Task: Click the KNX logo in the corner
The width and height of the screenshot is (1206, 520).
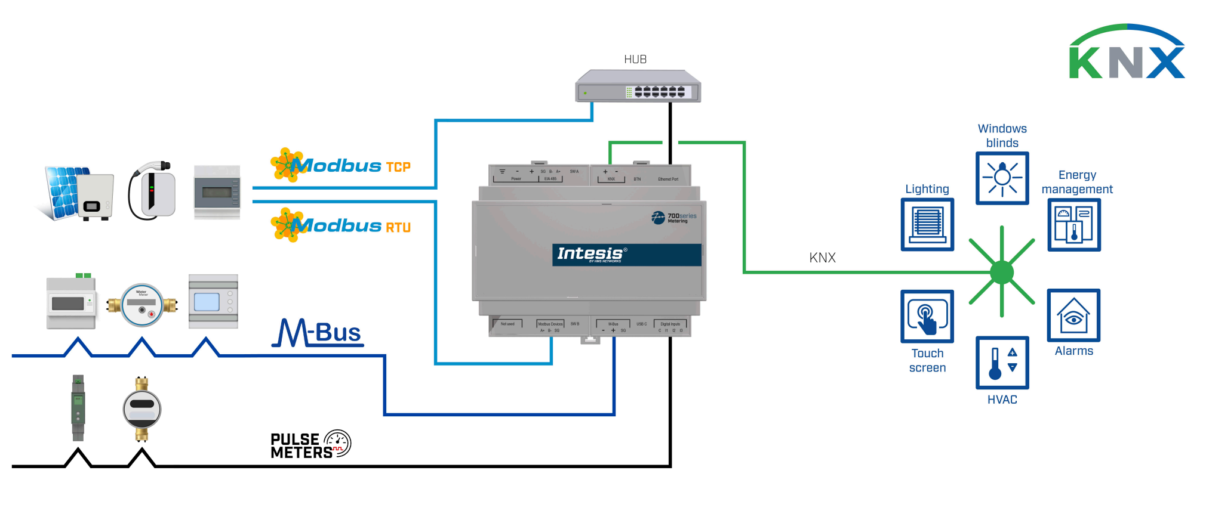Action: point(1126,54)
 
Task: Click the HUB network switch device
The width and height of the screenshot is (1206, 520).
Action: point(637,87)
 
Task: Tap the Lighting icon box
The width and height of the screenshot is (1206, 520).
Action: point(927,224)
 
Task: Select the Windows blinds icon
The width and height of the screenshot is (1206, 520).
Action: point(1002,178)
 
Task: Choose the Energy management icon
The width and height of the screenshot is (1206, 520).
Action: point(1073,224)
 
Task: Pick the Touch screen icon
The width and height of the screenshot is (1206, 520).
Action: point(927,316)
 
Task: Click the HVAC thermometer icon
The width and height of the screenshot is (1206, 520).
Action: point(1002,363)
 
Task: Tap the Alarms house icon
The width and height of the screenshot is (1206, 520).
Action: point(1073,315)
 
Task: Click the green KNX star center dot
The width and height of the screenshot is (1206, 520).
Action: point(1001,273)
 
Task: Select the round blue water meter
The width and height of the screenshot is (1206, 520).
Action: point(142,305)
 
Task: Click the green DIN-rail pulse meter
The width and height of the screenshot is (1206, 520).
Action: point(78,408)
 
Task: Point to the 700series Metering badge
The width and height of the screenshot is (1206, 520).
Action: point(675,218)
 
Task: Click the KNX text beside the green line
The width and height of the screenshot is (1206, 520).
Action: point(822,258)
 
